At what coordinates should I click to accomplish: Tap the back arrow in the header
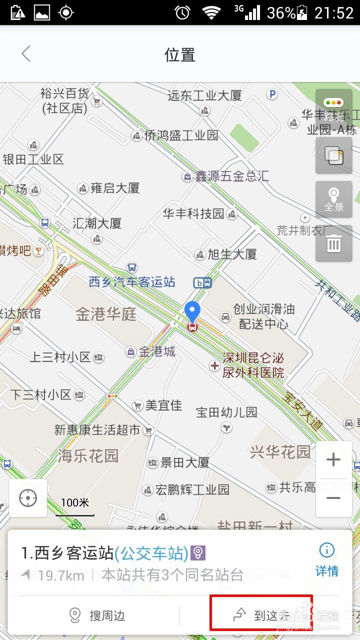(26, 54)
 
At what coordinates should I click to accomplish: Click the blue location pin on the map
(192, 312)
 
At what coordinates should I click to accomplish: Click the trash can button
(333, 243)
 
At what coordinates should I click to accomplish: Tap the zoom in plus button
(333, 460)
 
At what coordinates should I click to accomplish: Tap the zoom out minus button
(333, 498)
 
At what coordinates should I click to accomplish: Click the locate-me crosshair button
(28, 498)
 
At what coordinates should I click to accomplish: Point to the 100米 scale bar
(75, 506)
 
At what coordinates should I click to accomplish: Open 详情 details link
(327, 559)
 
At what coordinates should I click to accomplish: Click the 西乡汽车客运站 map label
(132, 282)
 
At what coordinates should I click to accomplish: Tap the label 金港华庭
(106, 314)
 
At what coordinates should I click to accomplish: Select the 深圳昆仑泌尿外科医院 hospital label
(253, 365)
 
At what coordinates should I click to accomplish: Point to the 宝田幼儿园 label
(226, 412)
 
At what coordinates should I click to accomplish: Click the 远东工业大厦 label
(204, 95)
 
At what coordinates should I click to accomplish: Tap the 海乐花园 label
(88, 456)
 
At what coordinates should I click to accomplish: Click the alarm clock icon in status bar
(182, 12)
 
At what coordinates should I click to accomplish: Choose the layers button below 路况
(333, 156)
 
